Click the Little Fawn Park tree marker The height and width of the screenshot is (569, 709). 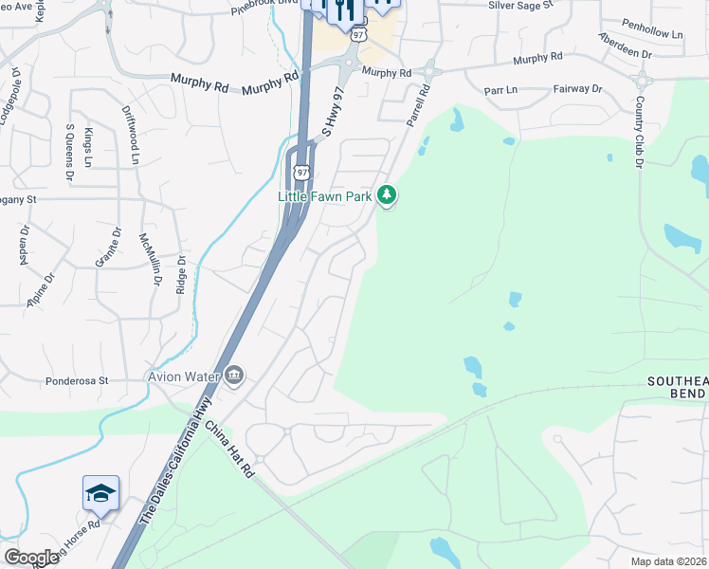(x=386, y=195)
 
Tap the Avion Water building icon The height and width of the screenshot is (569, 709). (x=234, y=377)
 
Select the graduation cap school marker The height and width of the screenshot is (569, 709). (x=100, y=493)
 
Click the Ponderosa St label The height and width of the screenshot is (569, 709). (x=77, y=381)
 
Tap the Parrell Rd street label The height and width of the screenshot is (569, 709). (x=418, y=104)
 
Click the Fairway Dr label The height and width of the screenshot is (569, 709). (x=577, y=89)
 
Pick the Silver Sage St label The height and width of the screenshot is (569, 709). (x=520, y=6)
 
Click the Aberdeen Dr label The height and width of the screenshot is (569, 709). (x=625, y=46)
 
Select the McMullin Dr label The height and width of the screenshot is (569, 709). (x=150, y=259)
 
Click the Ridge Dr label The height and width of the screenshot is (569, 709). (x=179, y=273)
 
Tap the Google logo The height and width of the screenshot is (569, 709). (x=30, y=558)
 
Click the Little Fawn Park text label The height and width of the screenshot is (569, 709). (x=324, y=196)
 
